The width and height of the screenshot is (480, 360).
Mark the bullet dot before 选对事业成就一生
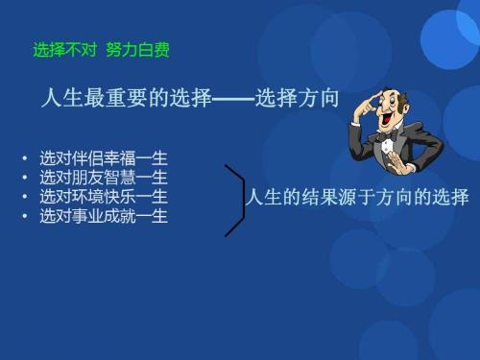25,218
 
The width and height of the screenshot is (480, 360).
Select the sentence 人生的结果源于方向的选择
357,199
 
